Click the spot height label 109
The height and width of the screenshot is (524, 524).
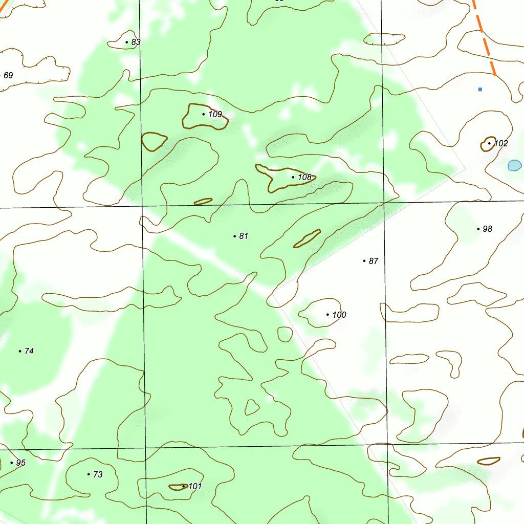click(215, 114)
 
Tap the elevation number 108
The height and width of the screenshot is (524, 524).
click(304, 177)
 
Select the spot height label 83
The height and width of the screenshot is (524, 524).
click(136, 42)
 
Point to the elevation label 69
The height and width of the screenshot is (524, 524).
click(8, 75)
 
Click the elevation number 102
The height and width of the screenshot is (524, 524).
click(501, 143)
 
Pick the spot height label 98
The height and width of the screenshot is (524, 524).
click(488, 229)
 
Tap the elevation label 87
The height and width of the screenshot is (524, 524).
click(374, 261)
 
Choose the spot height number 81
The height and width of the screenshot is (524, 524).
click(244, 236)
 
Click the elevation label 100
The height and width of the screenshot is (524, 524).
click(339, 315)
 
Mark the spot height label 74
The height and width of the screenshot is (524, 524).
click(29, 351)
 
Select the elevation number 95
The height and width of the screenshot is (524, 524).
click(20, 463)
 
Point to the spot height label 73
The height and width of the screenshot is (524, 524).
click(98, 474)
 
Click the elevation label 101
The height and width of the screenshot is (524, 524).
click(195, 486)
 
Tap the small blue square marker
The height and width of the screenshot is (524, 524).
click(480, 90)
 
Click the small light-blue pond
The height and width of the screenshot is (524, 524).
click(514, 165)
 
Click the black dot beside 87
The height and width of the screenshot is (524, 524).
click(364, 261)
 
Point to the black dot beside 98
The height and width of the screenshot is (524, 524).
click(478, 229)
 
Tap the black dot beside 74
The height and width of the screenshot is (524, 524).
click(20, 351)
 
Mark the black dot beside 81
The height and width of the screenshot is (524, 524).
click(234, 236)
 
